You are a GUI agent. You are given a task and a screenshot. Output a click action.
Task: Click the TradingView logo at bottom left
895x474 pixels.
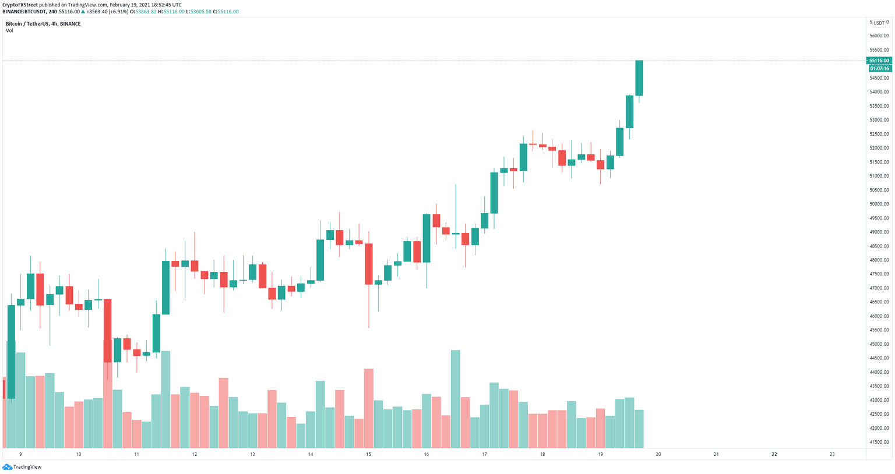point(22,466)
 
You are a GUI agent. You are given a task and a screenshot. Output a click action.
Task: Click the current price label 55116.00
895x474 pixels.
point(879,61)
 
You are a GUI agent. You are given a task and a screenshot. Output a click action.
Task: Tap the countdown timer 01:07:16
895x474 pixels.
point(879,69)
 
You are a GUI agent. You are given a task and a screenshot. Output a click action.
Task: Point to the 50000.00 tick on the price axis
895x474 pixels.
point(879,204)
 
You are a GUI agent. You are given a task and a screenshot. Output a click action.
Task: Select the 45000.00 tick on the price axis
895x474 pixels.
point(879,344)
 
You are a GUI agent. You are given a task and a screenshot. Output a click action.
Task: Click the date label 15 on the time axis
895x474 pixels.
point(368,454)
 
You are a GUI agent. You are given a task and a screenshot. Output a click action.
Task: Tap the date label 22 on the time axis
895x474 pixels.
point(774,454)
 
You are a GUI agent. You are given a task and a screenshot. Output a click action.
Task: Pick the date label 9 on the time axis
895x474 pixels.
point(20,454)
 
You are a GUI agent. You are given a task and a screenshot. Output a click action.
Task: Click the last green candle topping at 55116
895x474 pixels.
point(639,78)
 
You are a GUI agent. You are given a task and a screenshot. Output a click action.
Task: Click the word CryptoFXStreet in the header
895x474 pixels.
point(20,5)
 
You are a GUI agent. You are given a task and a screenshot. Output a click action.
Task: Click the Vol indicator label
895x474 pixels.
point(9,31)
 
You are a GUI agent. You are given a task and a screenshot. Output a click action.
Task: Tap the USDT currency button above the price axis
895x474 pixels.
point(879,23)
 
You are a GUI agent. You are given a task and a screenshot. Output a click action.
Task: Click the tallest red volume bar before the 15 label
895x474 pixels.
point(368,408)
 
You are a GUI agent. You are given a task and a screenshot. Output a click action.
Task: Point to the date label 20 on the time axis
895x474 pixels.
point(658,454)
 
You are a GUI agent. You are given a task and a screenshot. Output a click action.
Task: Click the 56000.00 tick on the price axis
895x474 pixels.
point(879,36)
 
